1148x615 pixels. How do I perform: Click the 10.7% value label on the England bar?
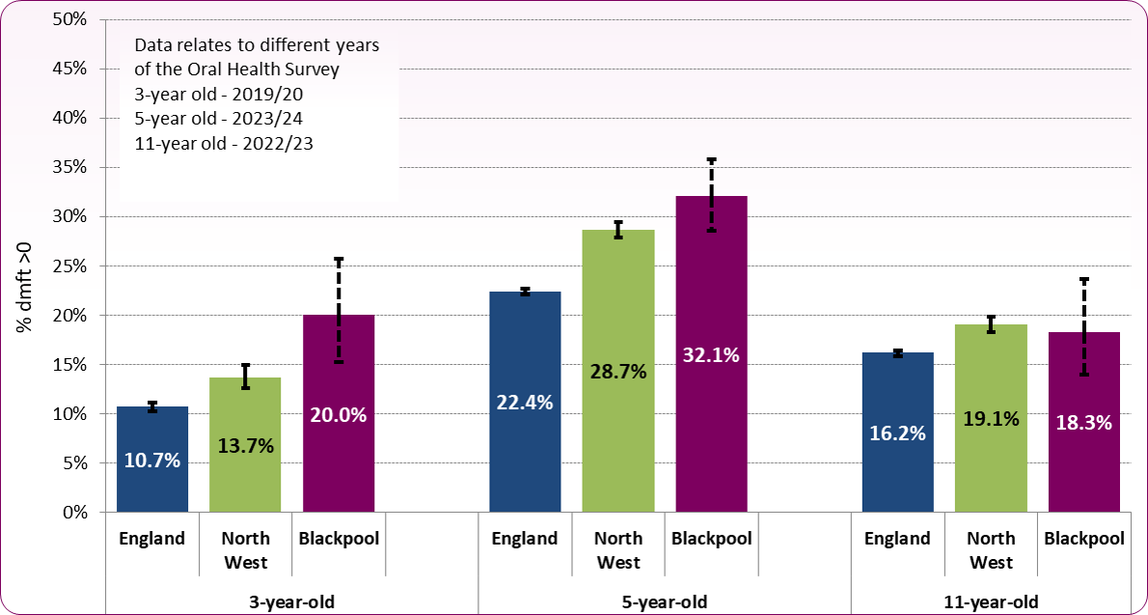152,461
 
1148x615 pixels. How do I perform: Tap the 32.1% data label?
711,355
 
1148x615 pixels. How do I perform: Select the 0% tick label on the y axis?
73,513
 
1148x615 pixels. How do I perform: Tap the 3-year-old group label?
292,601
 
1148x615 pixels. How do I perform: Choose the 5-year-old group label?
665,601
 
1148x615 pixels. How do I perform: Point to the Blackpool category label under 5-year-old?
711,539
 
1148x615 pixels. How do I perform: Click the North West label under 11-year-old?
991,550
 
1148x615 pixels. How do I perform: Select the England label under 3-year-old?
152,539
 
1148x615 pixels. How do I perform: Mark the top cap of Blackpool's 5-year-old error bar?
711,159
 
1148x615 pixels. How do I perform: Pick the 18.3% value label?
1083,422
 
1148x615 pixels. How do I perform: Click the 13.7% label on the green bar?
246,445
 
